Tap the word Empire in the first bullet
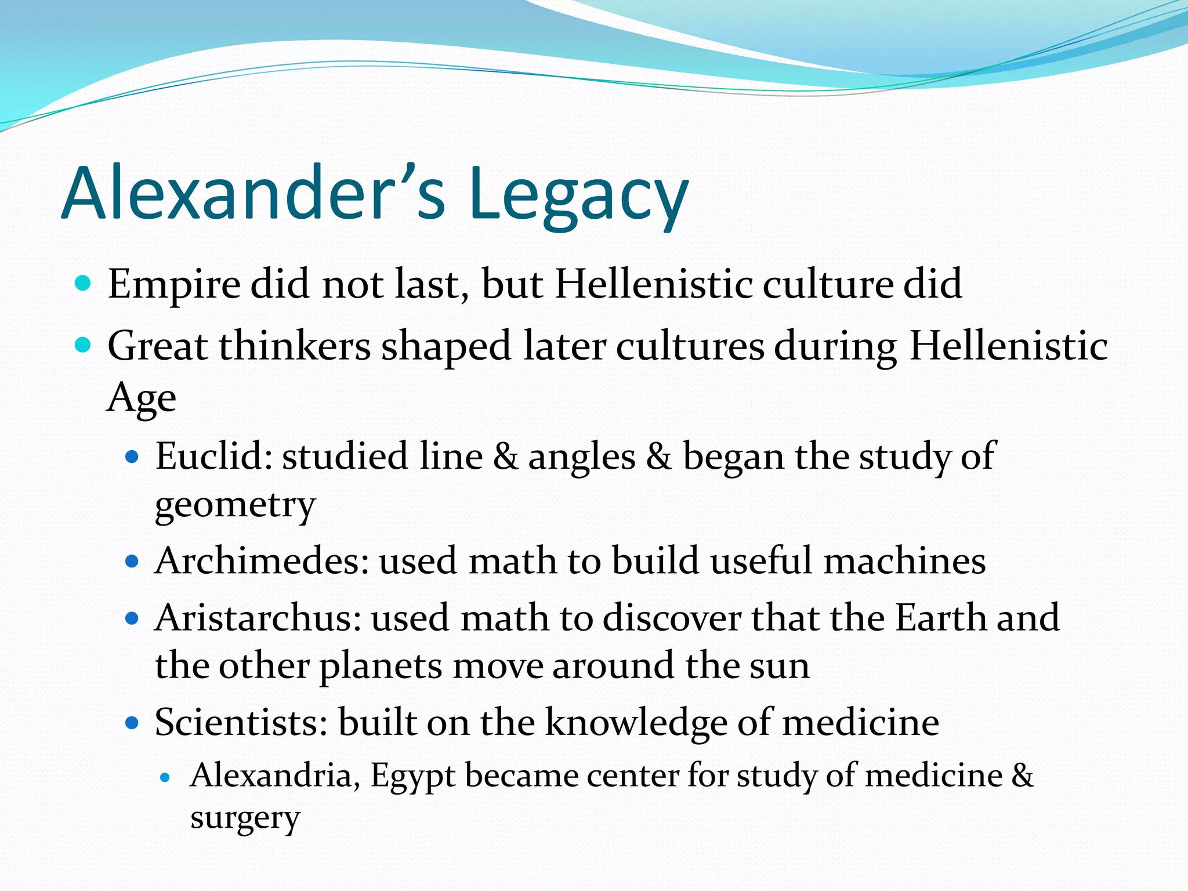tap(173, 285)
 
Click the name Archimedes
tap(262, 561)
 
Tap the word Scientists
tap(241, 723)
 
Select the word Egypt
tap(412, 776)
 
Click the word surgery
tap(245, 818)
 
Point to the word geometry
tap(235, 505)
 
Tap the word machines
tap(904, 561)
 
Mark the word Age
tap(142, 398)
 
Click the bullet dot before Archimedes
tap(133, 562)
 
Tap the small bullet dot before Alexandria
tap(166, 777)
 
